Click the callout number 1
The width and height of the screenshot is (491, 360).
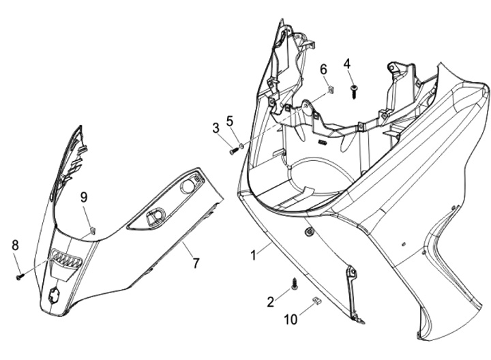point(253,255)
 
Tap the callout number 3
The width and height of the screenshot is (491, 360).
point(215,127)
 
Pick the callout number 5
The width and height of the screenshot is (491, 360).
point(230,121)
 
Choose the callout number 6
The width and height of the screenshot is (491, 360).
point(323,69)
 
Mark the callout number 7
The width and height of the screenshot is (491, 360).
point(196,262)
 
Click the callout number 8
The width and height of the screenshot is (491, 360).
point(15,245)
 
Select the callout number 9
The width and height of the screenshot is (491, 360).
point(84,197)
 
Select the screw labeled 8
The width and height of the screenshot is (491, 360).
point(21,276)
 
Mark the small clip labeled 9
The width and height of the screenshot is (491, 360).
point(92,230)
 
